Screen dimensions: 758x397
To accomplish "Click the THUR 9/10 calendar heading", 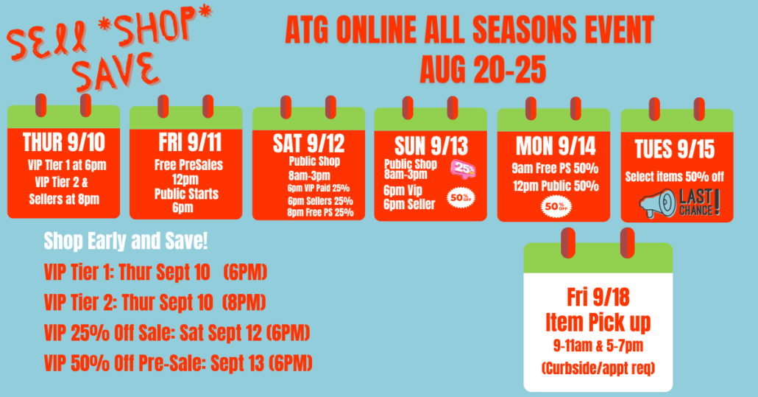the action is [64, 142].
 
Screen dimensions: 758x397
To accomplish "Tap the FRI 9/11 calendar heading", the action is [190, 142].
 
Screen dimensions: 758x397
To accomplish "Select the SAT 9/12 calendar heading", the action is [308, 143].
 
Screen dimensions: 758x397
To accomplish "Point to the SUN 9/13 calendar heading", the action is [431, 146].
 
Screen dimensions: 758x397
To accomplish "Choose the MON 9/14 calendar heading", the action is [556, 146].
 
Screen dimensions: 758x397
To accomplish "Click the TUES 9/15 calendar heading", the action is [674, 150].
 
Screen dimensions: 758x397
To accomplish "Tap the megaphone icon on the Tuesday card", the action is [657, 203].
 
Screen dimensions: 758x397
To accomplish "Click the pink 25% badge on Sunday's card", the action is [463, 169].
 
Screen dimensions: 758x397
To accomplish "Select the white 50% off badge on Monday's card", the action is [556, 207].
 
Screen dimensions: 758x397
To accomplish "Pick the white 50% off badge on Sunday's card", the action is [461, 198].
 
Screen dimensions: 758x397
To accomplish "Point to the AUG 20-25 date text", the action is [483, 70].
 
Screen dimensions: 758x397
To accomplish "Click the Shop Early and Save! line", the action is [126, 241].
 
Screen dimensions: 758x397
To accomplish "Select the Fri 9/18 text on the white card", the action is [598, 297].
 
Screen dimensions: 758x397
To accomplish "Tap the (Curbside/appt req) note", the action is [598, 368].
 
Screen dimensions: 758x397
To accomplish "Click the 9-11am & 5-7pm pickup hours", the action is [598, 345].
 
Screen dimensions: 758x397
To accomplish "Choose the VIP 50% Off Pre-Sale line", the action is [178, 363].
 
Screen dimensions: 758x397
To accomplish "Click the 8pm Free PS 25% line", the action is [321, 212].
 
